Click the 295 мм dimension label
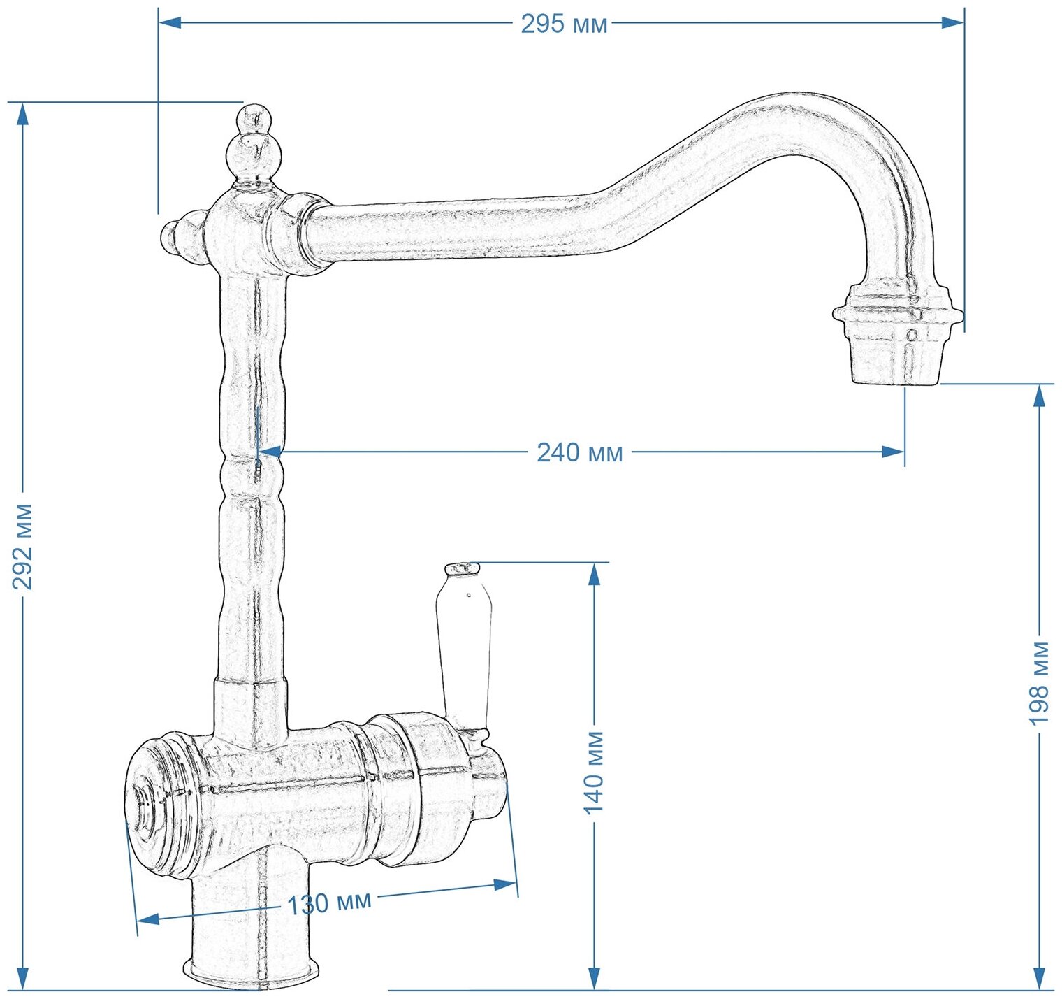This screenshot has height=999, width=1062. (x=564, y=24)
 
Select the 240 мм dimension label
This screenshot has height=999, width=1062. (x=579, y=452)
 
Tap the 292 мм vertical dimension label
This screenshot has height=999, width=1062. (x=23, y=546)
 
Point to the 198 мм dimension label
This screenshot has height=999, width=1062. (x=1039, y=683)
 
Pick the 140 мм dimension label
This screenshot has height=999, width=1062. (x=594, y=772)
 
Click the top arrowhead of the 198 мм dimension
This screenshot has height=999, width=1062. (x=1039, y=395)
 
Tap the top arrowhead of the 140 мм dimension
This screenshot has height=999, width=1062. (x=594, y=573)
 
